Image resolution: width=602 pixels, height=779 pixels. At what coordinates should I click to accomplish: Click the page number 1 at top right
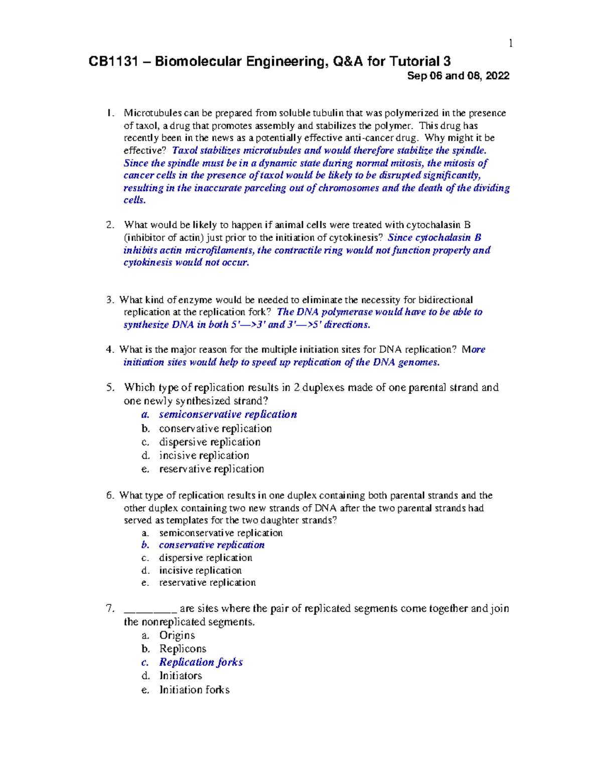510,44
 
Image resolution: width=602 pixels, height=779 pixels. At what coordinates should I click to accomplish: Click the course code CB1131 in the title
113,62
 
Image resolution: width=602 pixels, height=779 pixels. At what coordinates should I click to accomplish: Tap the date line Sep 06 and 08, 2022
458,76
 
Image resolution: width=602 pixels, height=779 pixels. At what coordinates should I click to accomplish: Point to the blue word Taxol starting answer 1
184,150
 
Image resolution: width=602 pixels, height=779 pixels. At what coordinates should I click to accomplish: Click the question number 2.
110,225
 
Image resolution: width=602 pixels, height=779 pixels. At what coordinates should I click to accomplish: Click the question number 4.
110,350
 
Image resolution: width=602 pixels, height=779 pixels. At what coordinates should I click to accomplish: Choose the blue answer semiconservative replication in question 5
228,414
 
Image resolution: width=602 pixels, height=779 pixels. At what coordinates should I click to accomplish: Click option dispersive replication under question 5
210,442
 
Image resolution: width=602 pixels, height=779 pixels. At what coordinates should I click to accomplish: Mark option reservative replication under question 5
211,469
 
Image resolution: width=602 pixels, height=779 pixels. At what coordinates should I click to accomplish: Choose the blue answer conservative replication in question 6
211,545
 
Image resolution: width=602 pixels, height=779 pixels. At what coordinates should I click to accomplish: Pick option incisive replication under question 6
200,570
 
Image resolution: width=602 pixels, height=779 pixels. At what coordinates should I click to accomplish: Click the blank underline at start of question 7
150,609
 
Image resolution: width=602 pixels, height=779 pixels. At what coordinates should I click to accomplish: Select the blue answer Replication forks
201,662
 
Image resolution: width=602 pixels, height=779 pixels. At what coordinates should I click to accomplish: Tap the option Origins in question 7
177,635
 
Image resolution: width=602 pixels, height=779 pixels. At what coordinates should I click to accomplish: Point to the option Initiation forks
194,690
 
